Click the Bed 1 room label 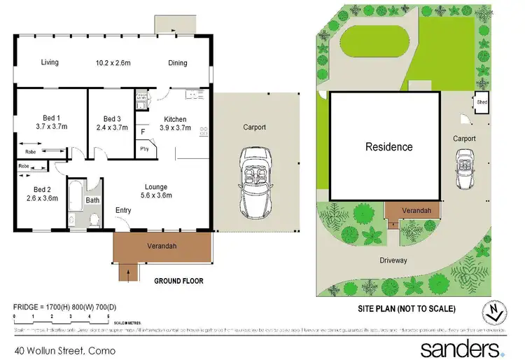tap(48, 118)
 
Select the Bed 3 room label tap(112, 118)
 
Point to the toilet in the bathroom tap(94, 219)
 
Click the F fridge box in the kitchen tap(143, 131)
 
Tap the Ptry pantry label tap(144, 148)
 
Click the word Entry tap(123, 210)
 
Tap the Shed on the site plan tap(482, 102)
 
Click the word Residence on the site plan tap(388, 147)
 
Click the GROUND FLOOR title tap(178, 281)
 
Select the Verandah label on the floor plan tap(162, 246)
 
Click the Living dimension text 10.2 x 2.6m tap(115, 62)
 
